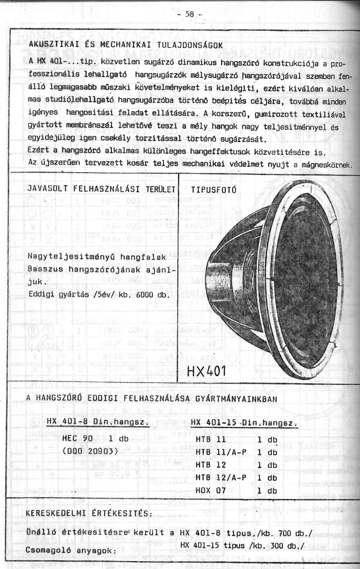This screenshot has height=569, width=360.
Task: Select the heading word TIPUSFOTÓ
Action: [214, 190]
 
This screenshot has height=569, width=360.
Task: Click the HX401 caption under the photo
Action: [206, 372]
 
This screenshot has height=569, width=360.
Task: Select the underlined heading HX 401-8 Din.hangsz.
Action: [98, 421]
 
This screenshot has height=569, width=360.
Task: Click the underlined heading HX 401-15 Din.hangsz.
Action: [244, 422]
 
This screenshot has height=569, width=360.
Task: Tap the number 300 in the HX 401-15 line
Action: [277, 545]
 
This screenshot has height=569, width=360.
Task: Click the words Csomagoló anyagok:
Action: [71, 551]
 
